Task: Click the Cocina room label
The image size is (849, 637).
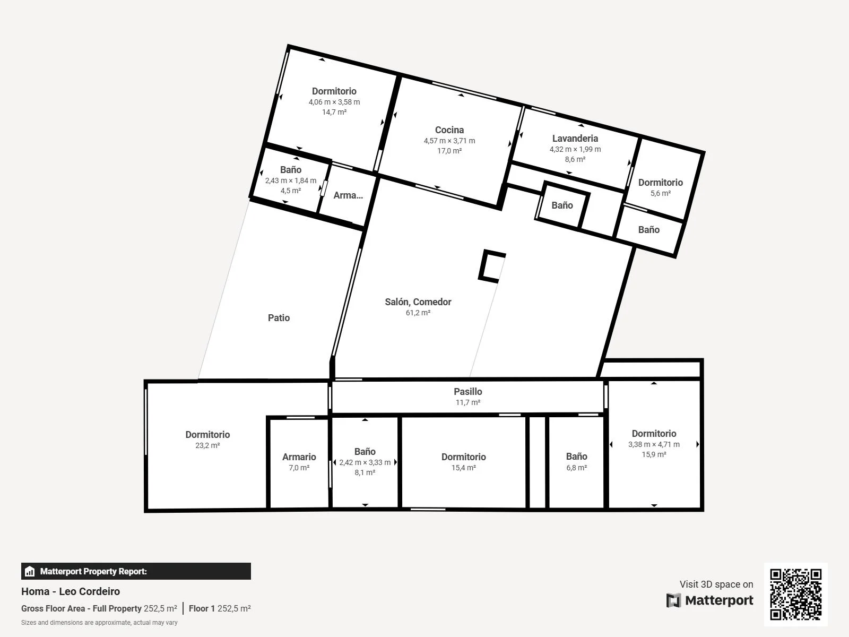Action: pyautogui.click(x=449, y=130)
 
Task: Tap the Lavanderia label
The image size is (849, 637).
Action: pyautogui.click(x=575, y=139)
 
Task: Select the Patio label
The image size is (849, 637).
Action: pyautogui.click(x=279, y=318)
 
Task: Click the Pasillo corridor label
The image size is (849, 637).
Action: pyautogui.click(x=467, y=391)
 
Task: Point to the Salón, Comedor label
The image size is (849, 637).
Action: pyautogui.click(x=418, y=302)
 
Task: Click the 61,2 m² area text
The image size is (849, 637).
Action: pyautogui.click(x=418, y=313)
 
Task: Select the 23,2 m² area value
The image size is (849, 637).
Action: pyautogui.click(x=207, y=445)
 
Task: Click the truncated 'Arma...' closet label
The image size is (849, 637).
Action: pyautogui.click(x=348, y=195)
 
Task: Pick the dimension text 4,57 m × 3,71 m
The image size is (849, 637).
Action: pyautogui.click(x=449, y=141)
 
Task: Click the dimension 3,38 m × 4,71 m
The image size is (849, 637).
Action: pyautogui.click(x=654, y=444)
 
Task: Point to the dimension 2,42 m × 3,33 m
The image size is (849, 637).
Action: pyautogui.click(x=365, y=462)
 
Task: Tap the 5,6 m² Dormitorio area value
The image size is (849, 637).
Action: pyautogui.click(x=660, y=193)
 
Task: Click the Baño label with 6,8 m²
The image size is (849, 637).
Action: pyautogui.click(x=576, y=457)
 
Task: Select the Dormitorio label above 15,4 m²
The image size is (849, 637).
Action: pyautogui.click(x=463, y=457)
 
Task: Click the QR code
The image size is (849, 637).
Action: pyautogui.click(x=795, y=594)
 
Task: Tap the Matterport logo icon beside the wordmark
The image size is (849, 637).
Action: pyautogui.click(x=673, y=600)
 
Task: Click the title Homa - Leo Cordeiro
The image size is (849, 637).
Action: pyautogui.click(x=71, y=591)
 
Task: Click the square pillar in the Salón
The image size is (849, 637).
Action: pyautogui.click(x=491, y=266)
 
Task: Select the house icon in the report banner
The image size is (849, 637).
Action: pyautogui.click(x=30, y=571)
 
